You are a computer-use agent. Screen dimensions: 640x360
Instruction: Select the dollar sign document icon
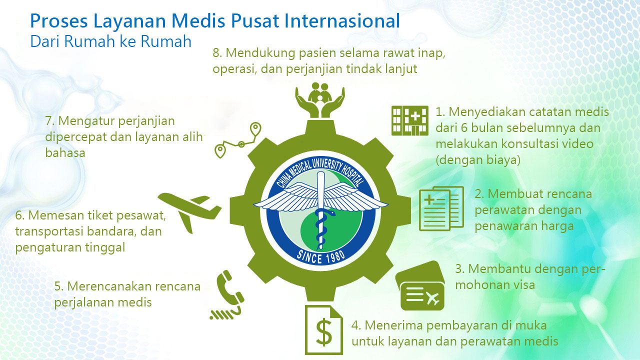(324, 329)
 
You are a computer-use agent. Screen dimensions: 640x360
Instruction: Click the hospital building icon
(410, 120)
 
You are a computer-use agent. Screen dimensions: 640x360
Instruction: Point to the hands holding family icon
(320, 100)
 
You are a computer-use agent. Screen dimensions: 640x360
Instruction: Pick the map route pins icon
(237, 140)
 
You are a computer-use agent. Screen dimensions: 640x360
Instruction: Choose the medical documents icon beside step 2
(441, 208)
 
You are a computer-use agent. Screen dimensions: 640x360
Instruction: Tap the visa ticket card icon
(420, 285)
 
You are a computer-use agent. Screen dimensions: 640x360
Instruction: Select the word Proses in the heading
(59, 21)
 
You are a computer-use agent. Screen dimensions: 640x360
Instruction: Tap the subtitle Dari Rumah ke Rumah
(111, 41)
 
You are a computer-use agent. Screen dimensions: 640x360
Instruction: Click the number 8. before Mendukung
(217, 53)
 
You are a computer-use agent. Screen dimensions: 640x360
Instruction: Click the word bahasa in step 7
(65, 153)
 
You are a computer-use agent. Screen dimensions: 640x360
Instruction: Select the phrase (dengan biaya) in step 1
(478, 160)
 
